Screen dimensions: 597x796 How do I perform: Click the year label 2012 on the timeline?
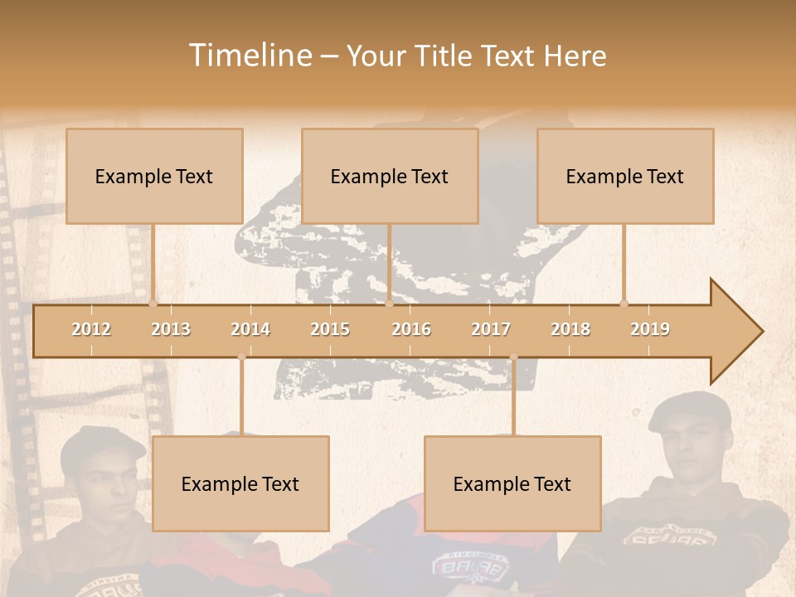click(91, 329)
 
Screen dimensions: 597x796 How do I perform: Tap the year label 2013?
click(171, 329)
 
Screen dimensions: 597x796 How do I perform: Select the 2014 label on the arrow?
click(250, 329)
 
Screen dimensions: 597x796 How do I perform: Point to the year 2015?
click(330, 329)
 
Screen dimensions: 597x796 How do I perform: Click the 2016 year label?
click(411, 329)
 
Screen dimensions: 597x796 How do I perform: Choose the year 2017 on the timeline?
click(491, 329)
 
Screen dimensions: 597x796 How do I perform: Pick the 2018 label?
click(570, 329)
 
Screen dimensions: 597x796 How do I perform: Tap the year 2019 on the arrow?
click(650, 329)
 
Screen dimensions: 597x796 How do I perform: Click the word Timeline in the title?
click(248, 56)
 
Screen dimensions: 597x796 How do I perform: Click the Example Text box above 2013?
click(154, 176)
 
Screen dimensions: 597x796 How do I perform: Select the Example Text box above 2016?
click(390, 176)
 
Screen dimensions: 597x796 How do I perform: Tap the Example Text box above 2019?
click(625, 176)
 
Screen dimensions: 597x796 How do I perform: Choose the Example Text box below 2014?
click(240, 483)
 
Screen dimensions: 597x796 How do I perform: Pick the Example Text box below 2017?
click(512, 483)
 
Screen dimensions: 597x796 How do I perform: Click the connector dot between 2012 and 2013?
click(153, 303)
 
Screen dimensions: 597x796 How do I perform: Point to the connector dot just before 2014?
click(241, 357)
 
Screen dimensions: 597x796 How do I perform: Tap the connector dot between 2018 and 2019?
click(624, 303)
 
